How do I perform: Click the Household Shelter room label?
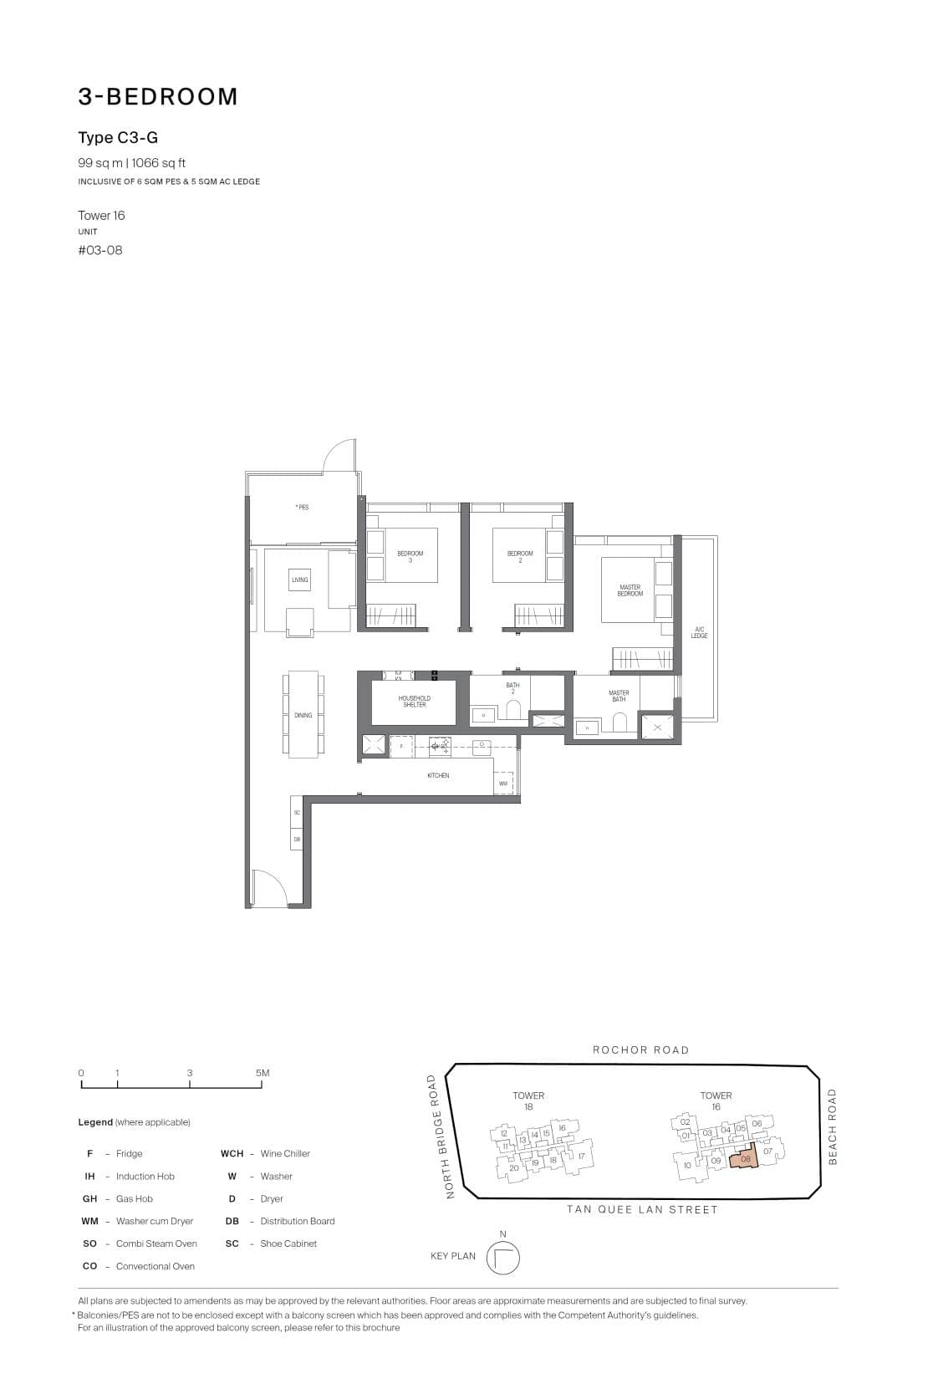(414, 701)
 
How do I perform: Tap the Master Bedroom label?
(630, 590)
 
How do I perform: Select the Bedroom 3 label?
(410, 556)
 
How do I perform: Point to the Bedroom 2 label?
(519, 556)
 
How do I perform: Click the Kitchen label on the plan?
(438, 775)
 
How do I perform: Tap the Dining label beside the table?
(303, 715)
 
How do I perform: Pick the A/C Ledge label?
(699, 632)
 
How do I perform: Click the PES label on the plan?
(302, 507)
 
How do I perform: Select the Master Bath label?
(619, 696)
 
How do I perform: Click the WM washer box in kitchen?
(503, 784)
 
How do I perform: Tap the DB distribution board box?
(297, 839)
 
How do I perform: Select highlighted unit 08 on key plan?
(744, 1158)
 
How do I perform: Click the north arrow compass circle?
(502, 1258)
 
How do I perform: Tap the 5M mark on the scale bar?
(263, 1073)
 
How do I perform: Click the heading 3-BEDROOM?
(158, 97)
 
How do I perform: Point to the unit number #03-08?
(100, 250)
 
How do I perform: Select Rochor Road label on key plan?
(640, 1049)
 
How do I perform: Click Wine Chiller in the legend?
(284, 1153)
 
